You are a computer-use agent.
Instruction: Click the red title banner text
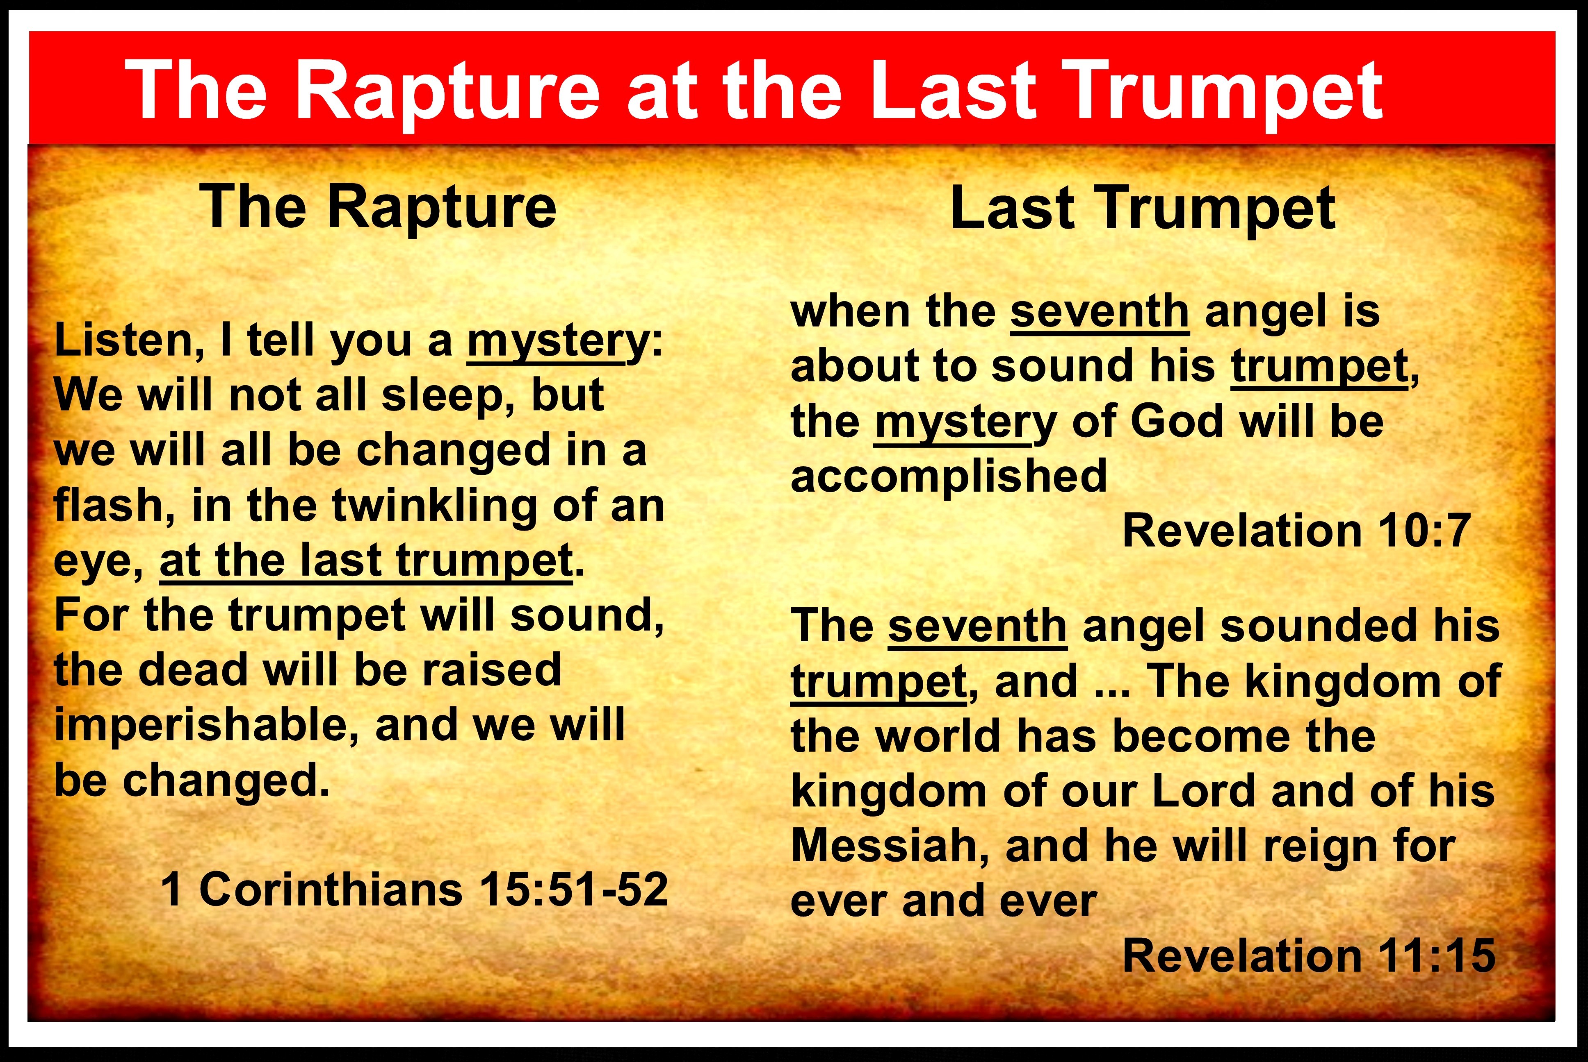(754, 90)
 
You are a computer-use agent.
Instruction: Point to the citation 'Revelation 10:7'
(1296, 530)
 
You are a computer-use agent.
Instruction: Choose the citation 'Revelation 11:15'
(1309, 955)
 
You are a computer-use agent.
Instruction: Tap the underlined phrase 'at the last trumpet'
(366, 561)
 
